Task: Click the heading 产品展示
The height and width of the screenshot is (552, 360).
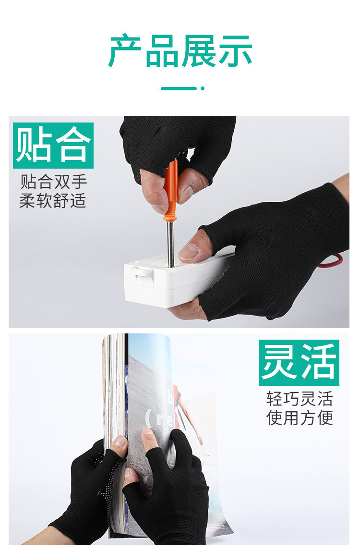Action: point(180,51)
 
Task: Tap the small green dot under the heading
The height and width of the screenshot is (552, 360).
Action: point(203,88)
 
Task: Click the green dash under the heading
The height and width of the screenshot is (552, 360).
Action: point(179,88)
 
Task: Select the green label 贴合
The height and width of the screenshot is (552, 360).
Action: point(53,146)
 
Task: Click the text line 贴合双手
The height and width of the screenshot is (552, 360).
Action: point(53,182)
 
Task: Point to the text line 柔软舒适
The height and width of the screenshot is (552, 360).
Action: point(53,201)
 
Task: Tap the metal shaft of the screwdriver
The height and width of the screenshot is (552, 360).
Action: point(170,244)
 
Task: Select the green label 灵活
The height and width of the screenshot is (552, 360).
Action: point(299,363)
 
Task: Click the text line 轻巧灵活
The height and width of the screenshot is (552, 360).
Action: point(300,399)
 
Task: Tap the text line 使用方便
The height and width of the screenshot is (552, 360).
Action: point(300,418)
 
